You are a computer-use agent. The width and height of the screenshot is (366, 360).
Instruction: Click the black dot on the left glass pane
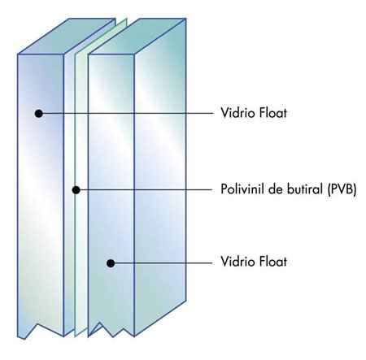click(39, 114)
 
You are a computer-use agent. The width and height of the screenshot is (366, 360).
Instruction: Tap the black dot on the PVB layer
click(76, 190)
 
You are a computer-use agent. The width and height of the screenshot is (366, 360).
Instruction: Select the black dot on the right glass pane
click(111, 263)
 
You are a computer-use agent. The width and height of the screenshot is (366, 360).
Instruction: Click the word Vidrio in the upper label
click(237, 113)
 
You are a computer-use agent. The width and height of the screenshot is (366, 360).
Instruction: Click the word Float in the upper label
click(273, 113)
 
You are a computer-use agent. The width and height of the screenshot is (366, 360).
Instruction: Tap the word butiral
click(303, 189)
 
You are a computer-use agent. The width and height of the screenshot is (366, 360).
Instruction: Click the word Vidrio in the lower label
click(237, 262)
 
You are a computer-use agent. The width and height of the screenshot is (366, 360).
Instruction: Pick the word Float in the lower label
click(273, 262)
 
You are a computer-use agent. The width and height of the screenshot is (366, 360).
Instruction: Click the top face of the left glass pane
click(67, 36)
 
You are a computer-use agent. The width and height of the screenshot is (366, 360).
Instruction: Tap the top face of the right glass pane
click(137, 37)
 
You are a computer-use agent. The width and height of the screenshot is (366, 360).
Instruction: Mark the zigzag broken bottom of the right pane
click(111, 329)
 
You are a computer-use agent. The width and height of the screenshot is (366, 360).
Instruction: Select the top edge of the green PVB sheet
click(101, 36)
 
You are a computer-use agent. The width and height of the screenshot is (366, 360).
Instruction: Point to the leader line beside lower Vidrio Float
click(161, 262)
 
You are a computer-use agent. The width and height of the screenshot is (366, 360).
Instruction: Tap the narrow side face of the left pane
click(68, 189)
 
